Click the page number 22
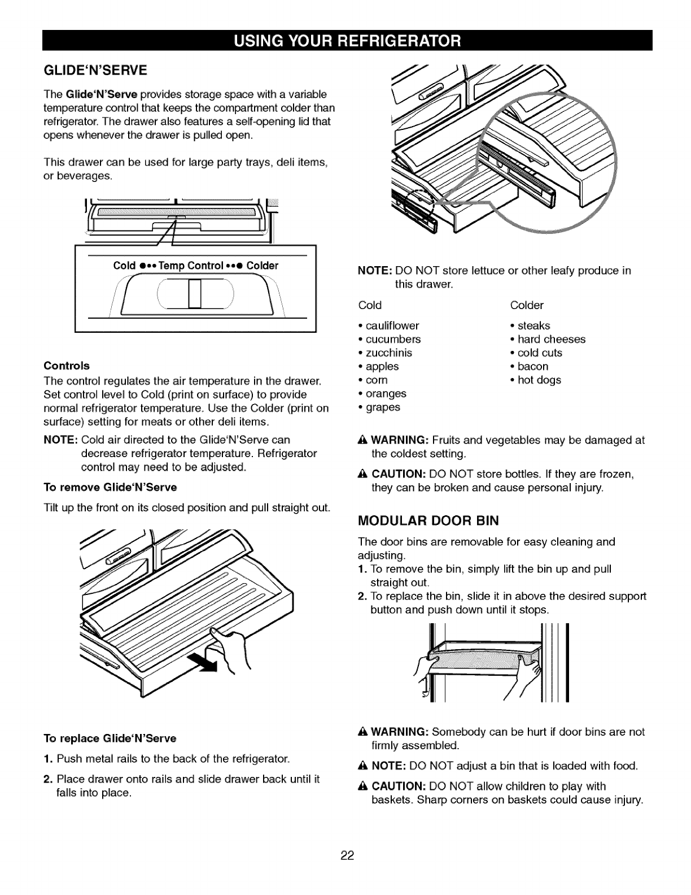[x=346, y=855]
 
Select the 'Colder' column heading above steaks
[x=526, y=305]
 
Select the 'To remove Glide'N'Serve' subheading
[x=110, y=487]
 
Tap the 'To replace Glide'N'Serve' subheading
[x=110, y=738]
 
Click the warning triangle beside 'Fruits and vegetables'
[x=363, y=440]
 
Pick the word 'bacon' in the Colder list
[x=532, y=366]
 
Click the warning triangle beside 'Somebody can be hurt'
[x=363, y=732]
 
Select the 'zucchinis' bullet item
[x=388, y=353]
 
